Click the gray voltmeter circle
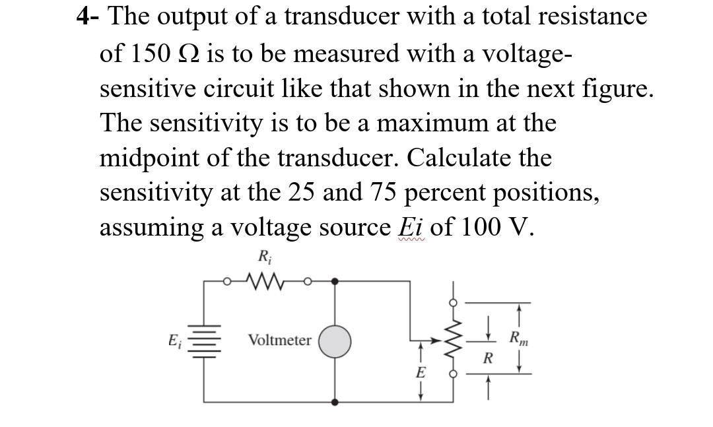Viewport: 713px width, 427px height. pos(335,341)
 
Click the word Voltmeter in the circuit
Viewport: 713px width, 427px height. pos(279,341)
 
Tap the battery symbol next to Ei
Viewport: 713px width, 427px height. pos(203,342)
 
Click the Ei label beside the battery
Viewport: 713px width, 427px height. pos(174,341)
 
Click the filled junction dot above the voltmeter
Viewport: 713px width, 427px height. pos(335,282)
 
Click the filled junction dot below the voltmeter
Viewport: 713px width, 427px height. pos(335,401)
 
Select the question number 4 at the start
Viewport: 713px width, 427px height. pos(83,16)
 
